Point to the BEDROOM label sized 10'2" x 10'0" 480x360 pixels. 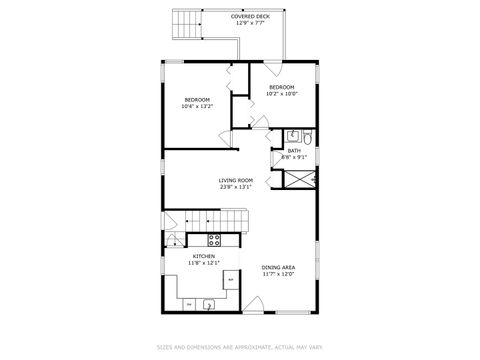(x=281, y=87)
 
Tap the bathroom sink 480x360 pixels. (x=292, y=137)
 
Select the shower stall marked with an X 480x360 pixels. (x=299, y=178)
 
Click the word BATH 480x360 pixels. (x=294, y=150)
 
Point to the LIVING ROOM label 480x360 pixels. (x=236, y=180)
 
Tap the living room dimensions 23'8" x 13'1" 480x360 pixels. (x=236, y=187)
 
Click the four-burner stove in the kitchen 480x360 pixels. (x=213, y=240)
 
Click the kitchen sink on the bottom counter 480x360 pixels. (x=210, y=303)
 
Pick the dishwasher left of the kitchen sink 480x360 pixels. (x=190, y=303)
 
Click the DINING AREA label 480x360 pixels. (x=278, y=267)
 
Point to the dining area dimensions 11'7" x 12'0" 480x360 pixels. (x=278, y=274)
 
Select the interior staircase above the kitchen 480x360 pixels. (x=205, y=220)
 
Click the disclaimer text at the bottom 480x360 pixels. (x=240, y=348)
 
